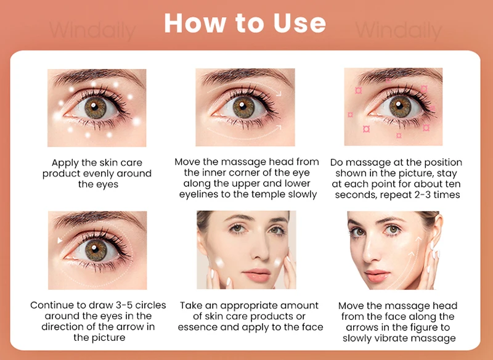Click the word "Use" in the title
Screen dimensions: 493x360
[299, 23]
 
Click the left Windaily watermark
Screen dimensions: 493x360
[93, 30]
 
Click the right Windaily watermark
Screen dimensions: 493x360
[399, 30]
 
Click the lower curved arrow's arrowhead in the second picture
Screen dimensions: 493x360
[279, 128]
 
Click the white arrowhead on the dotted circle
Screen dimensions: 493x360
[59, 240]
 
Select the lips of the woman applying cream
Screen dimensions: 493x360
[258, 274]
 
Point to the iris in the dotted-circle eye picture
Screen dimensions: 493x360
[96, 250]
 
